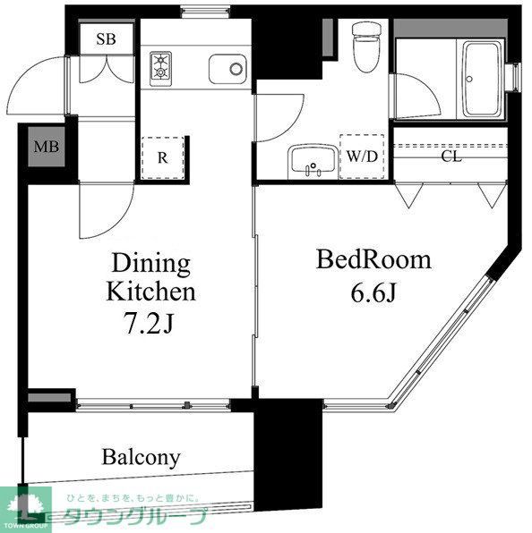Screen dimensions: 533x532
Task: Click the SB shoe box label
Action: point(107,38)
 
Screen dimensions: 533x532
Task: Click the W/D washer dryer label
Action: point(363,156)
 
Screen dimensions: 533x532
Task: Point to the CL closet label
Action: point(451,155)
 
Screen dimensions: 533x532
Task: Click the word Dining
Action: point(150,265)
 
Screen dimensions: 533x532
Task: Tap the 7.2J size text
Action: point(151,323)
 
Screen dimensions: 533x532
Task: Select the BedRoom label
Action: point(373,261)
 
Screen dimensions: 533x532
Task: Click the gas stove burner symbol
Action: point(162,67)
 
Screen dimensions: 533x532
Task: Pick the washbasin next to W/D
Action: point(313,162)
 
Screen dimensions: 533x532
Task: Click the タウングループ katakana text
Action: point(134,517)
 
